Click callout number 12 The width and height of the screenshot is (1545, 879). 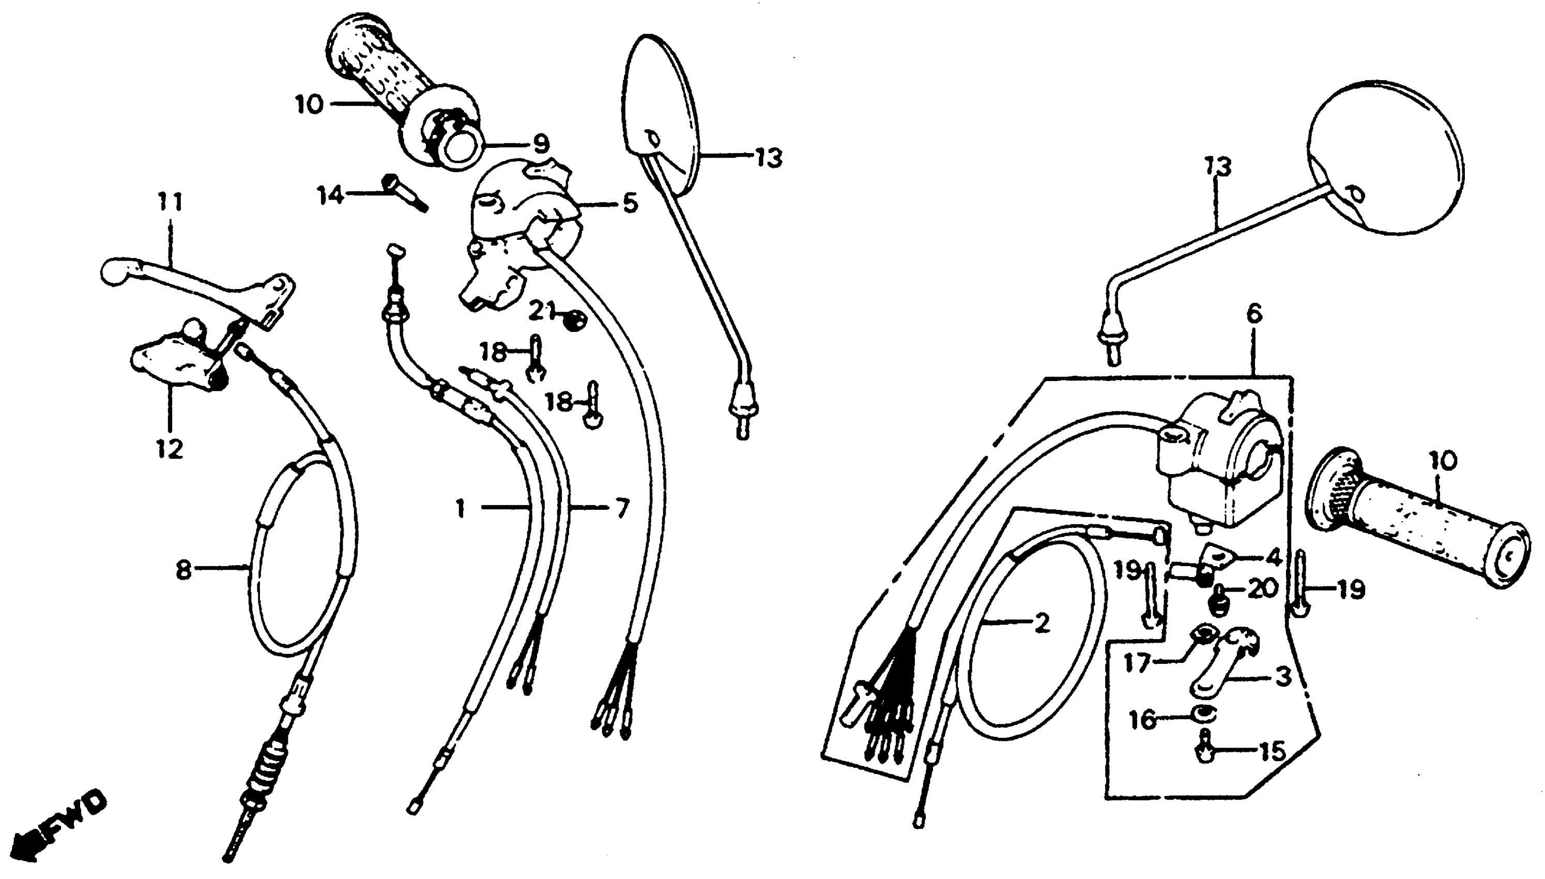coord(170,449)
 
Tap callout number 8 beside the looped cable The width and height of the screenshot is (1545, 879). coord(183,569)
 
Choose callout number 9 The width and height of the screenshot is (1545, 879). coord(540,144)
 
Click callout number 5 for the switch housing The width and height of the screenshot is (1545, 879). coord(630,203)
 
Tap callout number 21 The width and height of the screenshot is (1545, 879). coord(541,311)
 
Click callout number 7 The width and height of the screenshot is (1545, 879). coord(622,508)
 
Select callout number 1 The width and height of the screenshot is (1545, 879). coord(461,509)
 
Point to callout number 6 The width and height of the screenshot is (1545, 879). coord(1253,314)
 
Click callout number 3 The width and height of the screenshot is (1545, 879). coord(1282,676)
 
